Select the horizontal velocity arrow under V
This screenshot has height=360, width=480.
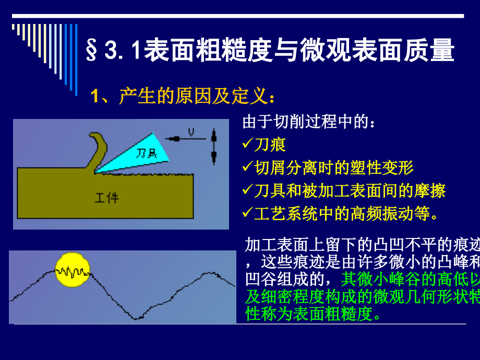click(185, 139)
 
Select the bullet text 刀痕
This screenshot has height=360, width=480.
click(270, 145)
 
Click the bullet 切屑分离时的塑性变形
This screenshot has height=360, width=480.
click(333, 167)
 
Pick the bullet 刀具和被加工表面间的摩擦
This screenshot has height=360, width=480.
click(350, 190)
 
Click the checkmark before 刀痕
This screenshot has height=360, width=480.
click(248, 145)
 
